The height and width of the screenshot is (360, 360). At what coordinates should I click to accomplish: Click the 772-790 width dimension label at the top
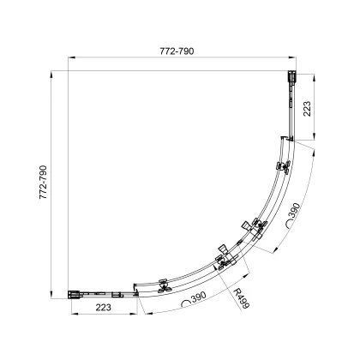pos(177,51)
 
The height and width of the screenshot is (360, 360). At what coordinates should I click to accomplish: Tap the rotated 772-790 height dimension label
pos(43,182)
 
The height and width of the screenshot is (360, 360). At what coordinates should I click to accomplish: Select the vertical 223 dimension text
pos(307,109)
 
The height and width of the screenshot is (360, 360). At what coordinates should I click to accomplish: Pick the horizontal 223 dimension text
pos(103,308)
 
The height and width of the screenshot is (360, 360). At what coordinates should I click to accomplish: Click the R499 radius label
pos(241,298)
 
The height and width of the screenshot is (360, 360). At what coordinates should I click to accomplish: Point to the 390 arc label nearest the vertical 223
pos(295,211)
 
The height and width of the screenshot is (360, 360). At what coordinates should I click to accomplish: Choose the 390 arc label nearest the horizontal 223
pos(199,297)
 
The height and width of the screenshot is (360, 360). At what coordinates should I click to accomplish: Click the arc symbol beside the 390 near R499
pos(186,303)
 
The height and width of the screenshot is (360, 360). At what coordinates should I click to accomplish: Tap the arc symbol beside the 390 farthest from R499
pos(290,224)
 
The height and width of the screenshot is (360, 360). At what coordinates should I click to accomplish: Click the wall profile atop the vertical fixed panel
pos(291,77)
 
